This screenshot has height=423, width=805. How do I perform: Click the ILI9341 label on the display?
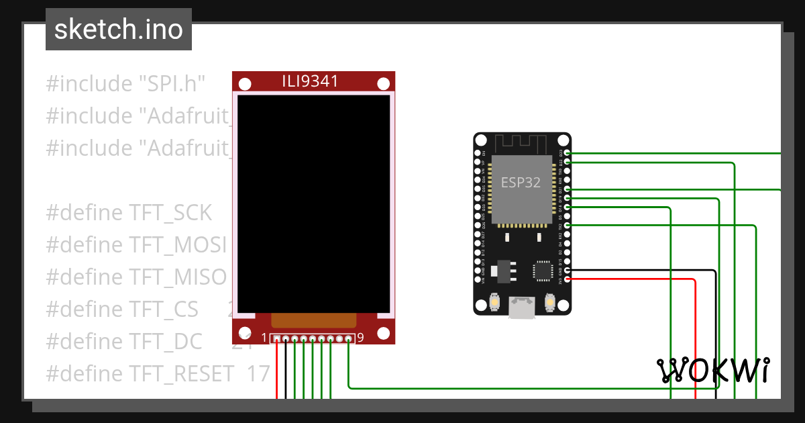tap(309, 82)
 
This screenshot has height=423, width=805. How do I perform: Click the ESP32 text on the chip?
tap(521, 183)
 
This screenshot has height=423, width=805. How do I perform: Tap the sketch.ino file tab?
tap(119, 30)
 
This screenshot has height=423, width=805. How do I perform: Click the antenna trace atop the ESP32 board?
tap(522, 144)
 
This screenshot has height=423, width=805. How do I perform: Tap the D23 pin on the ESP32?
tap(568, 153)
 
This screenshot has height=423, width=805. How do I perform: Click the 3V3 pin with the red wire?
tap(568, 279)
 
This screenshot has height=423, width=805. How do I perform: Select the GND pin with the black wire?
tap(568, 270)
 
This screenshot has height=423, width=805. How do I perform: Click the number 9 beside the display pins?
tap(360, 338)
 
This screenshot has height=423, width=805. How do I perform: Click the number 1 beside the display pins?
tap(264, 338)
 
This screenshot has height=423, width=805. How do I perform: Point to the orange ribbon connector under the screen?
tap(313, 320)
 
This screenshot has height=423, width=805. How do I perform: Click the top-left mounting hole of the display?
tap(246, 84)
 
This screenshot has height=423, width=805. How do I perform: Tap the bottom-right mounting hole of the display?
tap(383, 333)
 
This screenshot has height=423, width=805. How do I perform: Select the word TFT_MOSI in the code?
tap(178, 245)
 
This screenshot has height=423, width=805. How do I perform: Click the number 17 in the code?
tap(258, 373)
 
